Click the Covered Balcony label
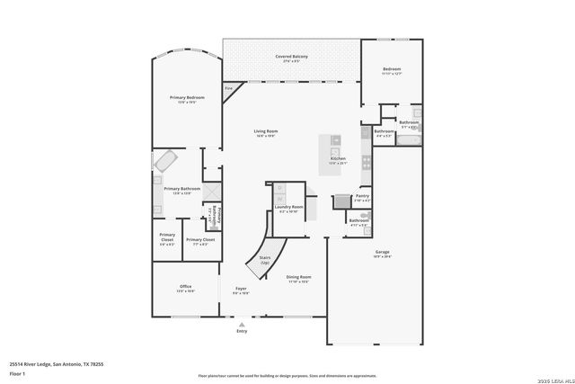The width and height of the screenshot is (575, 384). coord(291,58)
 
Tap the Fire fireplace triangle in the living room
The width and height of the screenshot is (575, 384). coord(229,90)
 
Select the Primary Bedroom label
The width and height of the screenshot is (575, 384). coord(187,99)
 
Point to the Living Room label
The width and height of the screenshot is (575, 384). coord(265,133)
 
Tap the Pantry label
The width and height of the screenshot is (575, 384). coord(362,197)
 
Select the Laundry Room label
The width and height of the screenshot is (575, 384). coord(288,209)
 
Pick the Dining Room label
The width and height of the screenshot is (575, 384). coord(298,278)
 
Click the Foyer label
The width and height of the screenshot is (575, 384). coord(241,290)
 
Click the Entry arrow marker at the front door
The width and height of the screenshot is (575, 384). coord(241,326)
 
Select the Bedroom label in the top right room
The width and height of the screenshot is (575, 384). coord(392,71)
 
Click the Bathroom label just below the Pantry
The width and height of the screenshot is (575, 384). coord(359,222)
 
